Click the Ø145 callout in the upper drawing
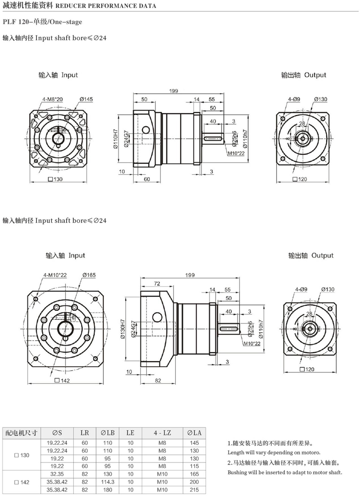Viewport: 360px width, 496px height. (x=86, y=99)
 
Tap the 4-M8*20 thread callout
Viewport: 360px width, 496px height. (x=53, y=99)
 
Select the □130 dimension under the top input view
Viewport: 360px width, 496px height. (x=55, y=179)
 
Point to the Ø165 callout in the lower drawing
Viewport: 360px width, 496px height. (x=89, y=275)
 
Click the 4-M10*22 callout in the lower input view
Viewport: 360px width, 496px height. (x=55, y=275)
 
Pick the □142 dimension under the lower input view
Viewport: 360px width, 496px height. (x=62, y=381)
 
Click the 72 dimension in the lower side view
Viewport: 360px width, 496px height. (x=157, y=284)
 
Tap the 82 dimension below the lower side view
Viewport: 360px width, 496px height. (x=158, y=381)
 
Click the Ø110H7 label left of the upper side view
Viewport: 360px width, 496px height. (x=116, y=139)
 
